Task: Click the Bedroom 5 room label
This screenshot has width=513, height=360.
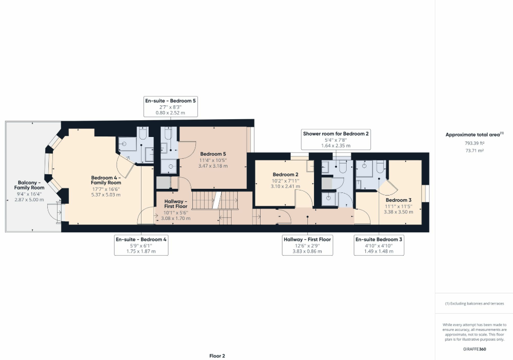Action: [213, 154]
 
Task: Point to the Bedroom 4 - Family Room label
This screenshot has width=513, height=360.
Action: [106, 180]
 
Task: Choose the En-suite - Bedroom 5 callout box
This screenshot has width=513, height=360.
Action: [170, 107]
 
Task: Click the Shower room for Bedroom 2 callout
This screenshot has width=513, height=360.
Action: [336, 139]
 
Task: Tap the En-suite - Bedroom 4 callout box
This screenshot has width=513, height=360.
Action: [141, 245]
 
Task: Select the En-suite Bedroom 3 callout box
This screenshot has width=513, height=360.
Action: [379, 245]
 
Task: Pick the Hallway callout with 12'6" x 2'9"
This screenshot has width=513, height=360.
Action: [307, 245]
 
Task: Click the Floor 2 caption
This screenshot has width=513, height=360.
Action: [217, 355]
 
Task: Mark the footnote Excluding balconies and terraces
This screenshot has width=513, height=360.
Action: [474, 303]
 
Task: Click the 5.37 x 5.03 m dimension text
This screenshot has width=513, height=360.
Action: [106, 195]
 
